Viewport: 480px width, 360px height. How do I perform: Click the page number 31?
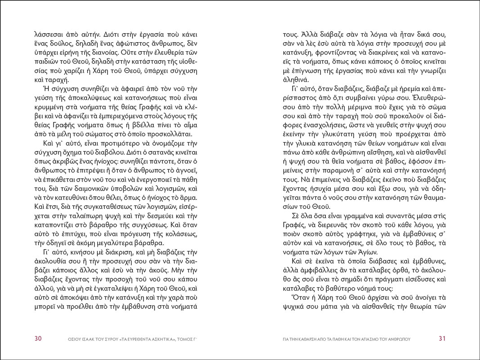442,338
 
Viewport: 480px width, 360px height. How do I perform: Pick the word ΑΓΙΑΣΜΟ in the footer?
370,339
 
